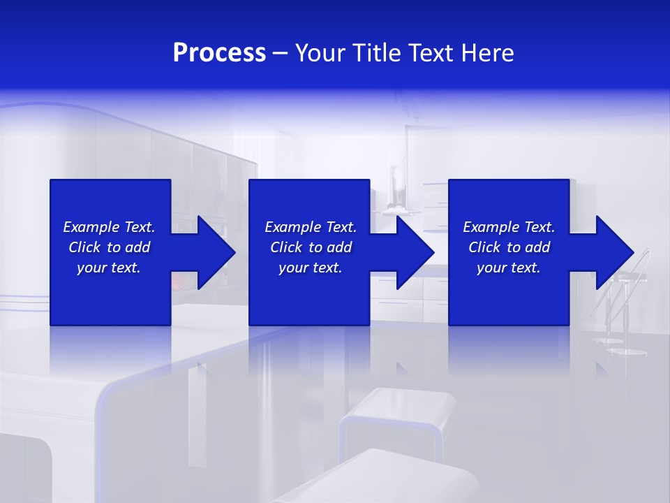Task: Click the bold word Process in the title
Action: coord(219,53)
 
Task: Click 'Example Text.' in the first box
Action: coord(109,227)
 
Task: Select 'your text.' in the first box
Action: coord(109,268)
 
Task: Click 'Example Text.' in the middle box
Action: coord(311,227)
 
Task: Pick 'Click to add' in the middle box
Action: coord(311,247)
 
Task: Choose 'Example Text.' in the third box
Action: coord(509,227)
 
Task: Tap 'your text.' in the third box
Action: coord(509,268)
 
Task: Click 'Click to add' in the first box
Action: coord(109,247)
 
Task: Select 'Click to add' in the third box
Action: coord(509,247)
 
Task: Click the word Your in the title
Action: coord(318,53)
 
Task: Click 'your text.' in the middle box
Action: coord(311,268)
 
